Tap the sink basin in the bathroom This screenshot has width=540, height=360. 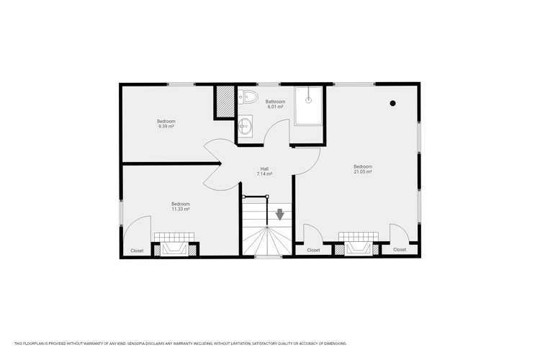[246, 126]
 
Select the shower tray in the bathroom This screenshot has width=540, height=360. [308, 105]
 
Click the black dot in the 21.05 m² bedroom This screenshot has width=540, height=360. [392, 104]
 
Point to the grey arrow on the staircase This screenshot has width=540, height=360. [279, 214]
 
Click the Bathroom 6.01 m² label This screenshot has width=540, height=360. [275, 104]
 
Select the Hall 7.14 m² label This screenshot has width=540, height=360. [264, 171]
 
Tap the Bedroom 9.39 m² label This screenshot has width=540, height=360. [166, 123]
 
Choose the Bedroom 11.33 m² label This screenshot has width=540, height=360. [180, 207]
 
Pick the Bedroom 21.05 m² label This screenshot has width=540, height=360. [362, 169]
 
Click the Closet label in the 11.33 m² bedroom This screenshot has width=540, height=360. [137, 251]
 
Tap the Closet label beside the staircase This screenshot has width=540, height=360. [313, 250]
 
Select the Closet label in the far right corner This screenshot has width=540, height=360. [400, 249]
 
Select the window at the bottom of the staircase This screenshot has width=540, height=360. [268, 256]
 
